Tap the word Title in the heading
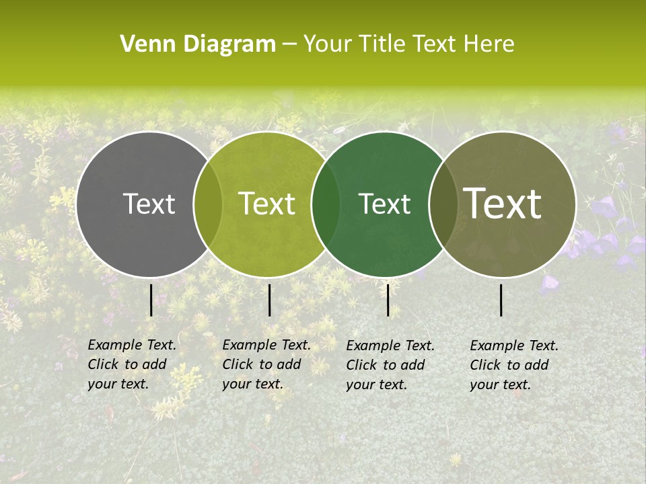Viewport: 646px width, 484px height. (x=382, y=44)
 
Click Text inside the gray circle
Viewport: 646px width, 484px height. (x=149, y=204)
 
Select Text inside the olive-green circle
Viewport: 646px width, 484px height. (x=267, y=204)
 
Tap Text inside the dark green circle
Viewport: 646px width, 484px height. (x=384, y=204)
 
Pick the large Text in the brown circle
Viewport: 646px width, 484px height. (x=503, y=204)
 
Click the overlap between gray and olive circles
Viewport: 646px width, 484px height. (x=208, y=204)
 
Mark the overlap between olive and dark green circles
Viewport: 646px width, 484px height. (x=326, y=204)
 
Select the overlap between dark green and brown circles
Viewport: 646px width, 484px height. (x=441, y=204)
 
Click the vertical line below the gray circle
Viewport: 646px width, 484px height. (x=151, y=300)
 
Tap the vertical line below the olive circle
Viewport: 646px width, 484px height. (x=269, y=300)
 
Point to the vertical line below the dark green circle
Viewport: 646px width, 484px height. (x=388, y=300)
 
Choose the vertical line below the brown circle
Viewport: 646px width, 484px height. (x=501, y=300)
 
